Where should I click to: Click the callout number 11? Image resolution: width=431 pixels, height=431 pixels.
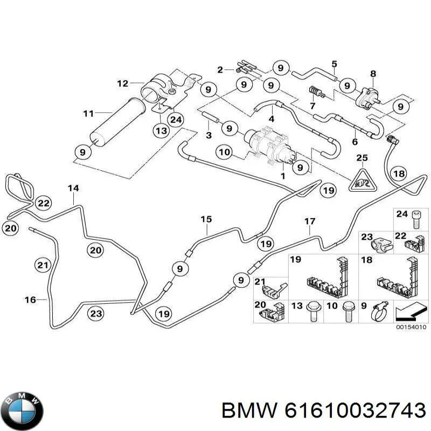(88, 113)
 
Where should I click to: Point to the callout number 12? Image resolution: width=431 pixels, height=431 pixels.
(123, 83)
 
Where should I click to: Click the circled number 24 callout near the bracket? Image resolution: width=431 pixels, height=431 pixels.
(176, 120)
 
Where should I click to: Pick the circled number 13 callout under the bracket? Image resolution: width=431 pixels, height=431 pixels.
(161, 130)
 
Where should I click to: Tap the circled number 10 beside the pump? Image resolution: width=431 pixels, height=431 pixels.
(224, 152)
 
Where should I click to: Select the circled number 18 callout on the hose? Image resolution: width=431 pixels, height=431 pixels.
(399, 173)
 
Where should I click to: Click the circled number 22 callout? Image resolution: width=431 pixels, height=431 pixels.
(44, 203)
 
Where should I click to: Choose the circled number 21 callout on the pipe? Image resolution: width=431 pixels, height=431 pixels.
(43, 265)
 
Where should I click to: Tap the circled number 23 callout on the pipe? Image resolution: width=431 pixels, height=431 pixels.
(96, 314)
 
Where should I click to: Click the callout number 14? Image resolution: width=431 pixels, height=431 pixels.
(73, 188)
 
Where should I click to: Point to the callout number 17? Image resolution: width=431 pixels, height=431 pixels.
(310, 221)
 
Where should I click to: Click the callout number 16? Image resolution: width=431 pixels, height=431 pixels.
(30, 300)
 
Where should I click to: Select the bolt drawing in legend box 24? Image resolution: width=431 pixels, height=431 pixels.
(416, 220)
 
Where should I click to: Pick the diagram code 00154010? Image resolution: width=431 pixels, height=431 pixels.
(411, 327)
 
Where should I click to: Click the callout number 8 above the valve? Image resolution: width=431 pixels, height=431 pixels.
(373, 74)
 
